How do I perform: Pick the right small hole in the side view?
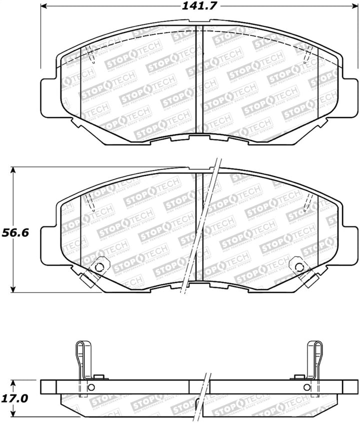coord(305,388)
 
